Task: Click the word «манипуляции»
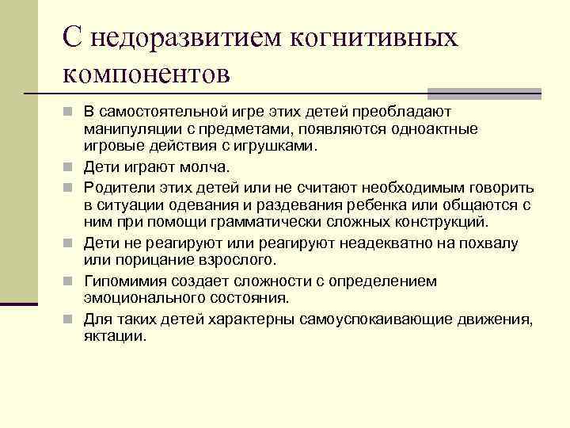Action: click(x=129, y=129)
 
